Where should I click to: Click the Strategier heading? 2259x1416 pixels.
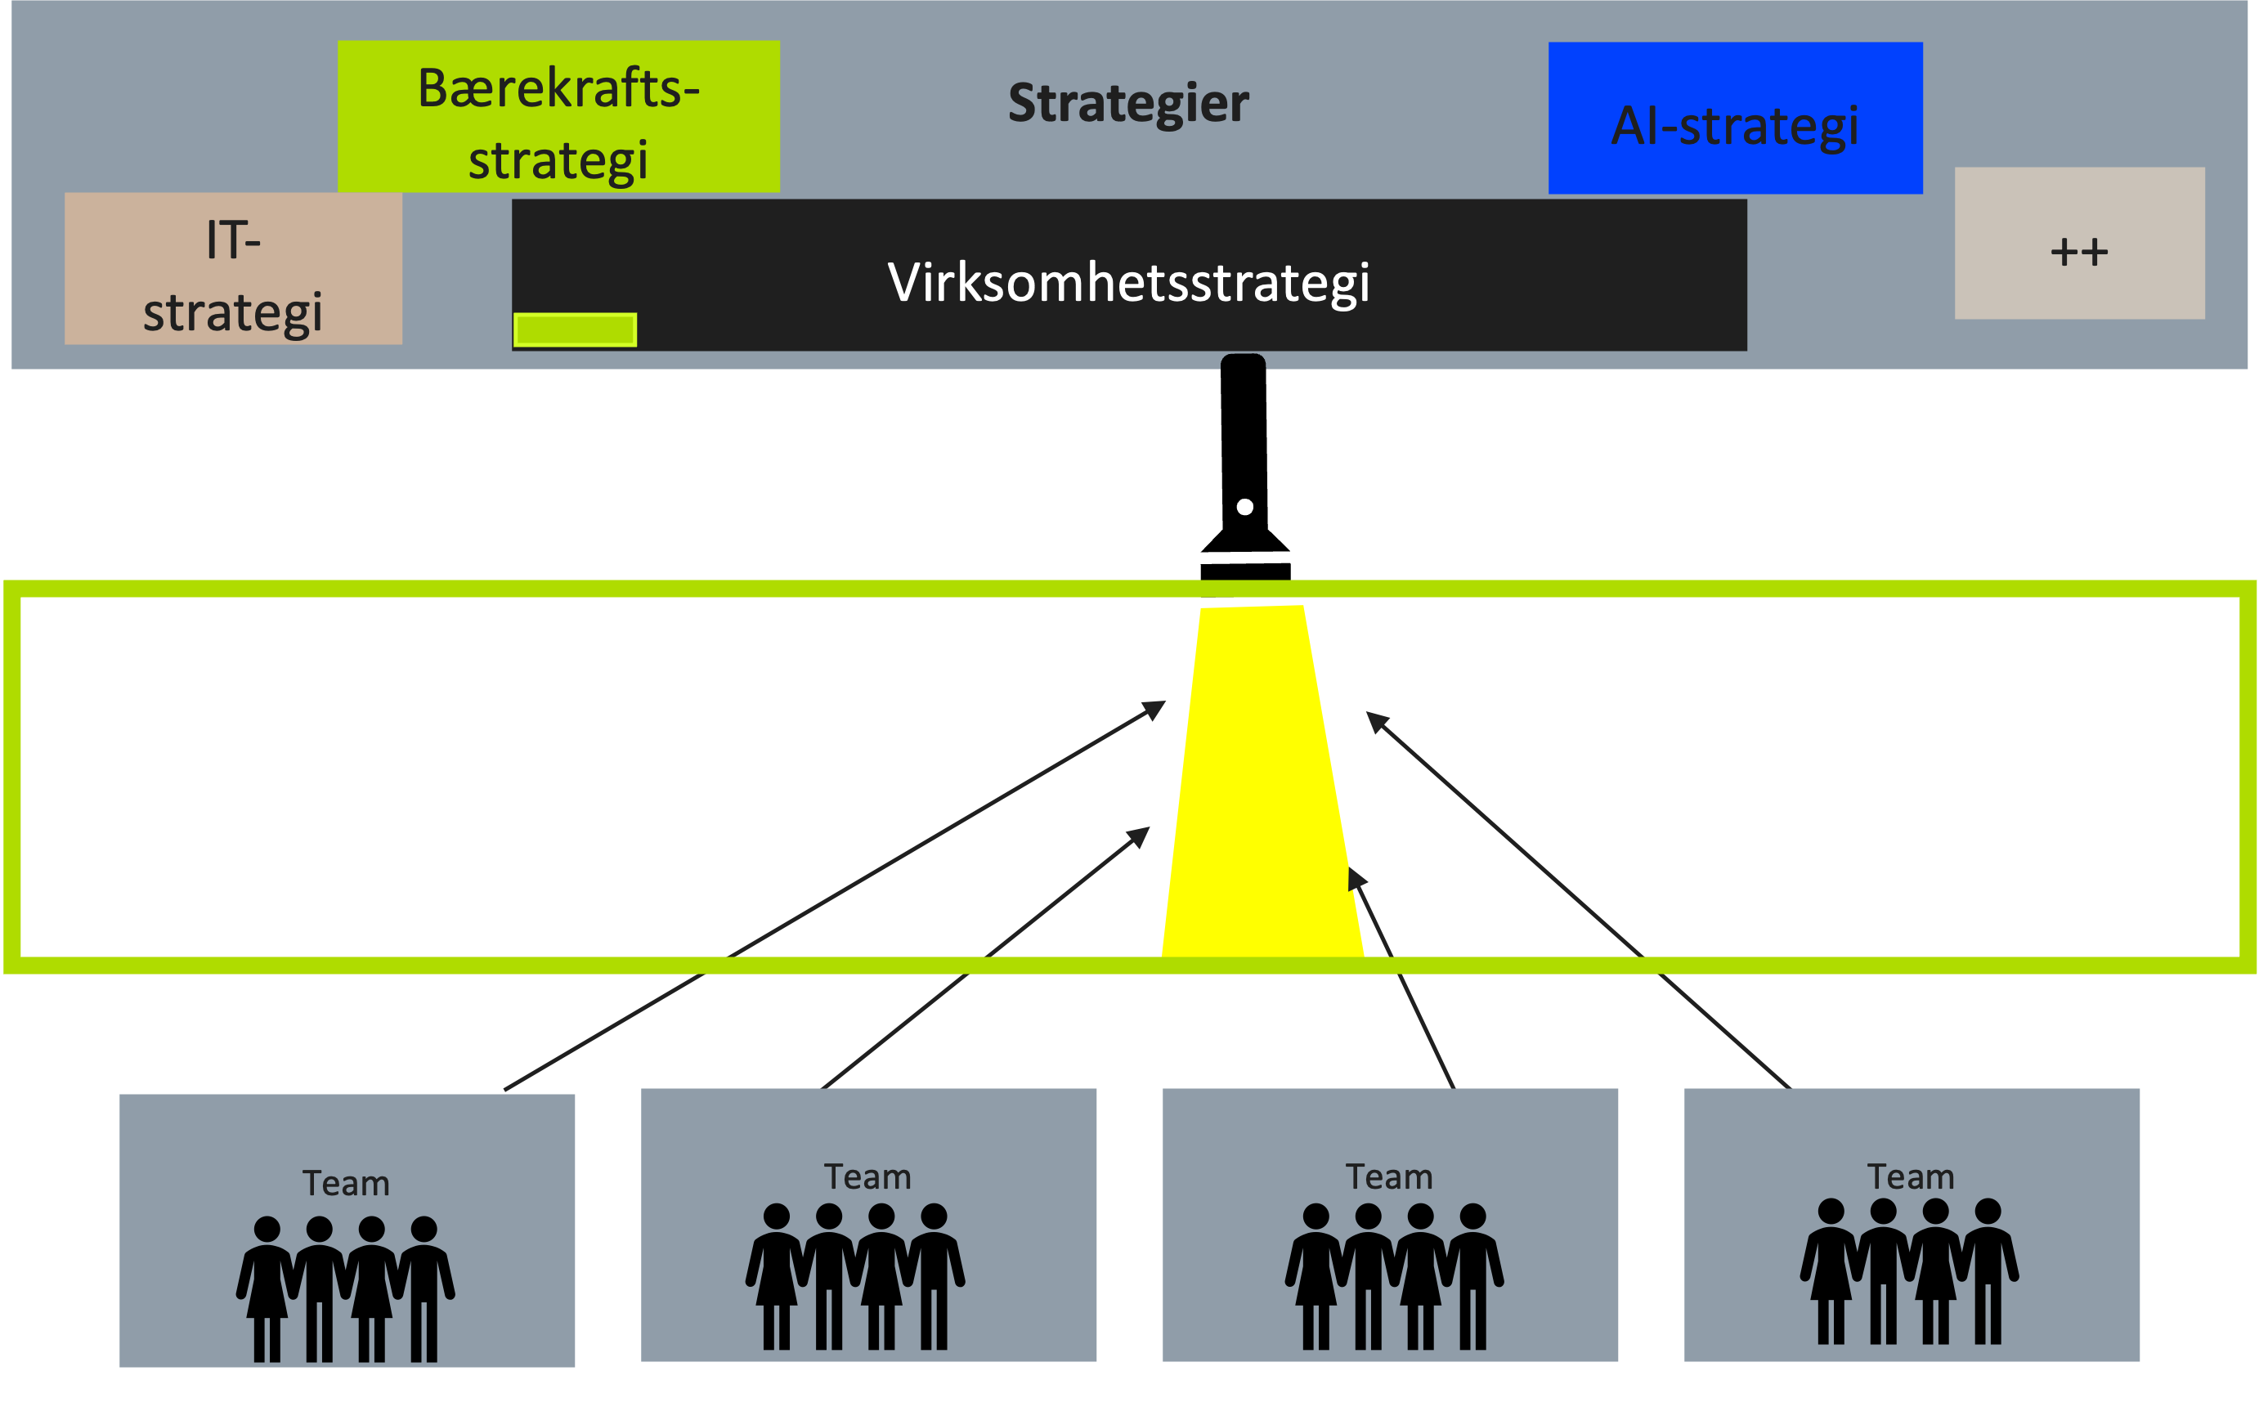tap(1127, 103)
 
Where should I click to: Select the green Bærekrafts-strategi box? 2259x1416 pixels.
tap(558, 117)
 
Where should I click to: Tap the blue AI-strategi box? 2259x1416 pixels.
tap(1735, 119)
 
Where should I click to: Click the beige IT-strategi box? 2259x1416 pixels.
tap(232, 270)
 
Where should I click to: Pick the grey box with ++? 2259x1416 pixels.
tap(2079, 244)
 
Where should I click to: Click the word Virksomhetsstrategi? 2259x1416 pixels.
tap(1127, 282)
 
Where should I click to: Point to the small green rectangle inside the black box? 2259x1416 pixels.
tap(575, 329)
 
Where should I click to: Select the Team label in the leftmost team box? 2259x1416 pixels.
tap(346, 1184)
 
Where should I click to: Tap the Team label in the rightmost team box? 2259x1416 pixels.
tap(1911, 1177)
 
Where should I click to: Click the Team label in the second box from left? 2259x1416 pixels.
tap(867, 1177)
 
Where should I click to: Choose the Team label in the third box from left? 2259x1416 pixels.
tap(1389, 1177)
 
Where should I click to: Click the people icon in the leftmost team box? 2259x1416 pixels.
tap(346, 1288)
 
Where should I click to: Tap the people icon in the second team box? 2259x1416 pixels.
tap(855, 1276)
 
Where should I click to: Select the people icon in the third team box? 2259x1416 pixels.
tap(1394, 1276)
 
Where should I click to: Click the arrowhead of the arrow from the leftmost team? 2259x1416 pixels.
tap(1158, 706)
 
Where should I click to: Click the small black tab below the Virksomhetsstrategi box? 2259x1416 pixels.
tap(1243, 362)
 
